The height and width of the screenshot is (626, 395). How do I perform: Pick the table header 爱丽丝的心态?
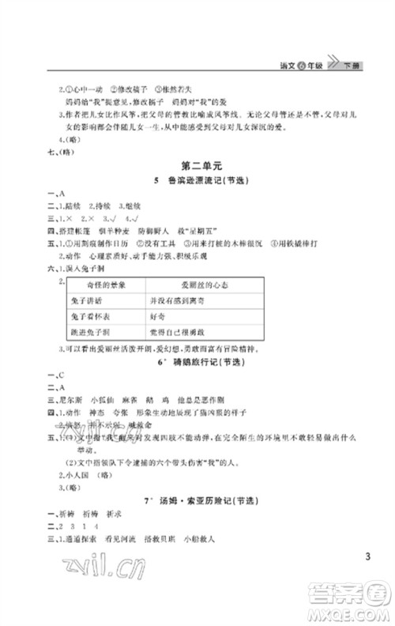click(184, 284)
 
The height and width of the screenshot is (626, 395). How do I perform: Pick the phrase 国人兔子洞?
click(79, 269)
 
